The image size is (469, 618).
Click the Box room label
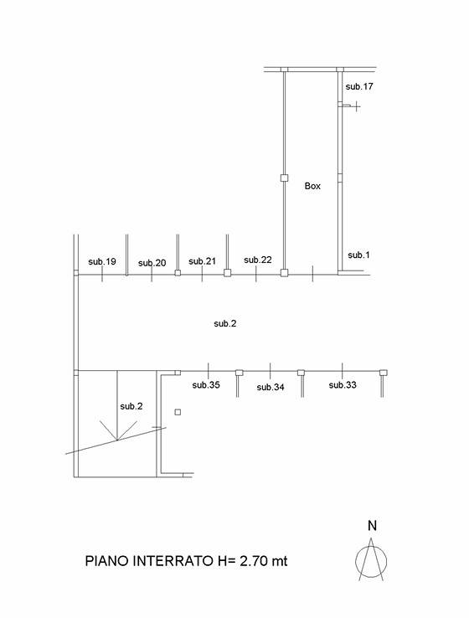[x=312, y=186]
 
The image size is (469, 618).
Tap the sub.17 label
[x=359, y=87]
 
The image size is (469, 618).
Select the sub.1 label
[x=358, y=255]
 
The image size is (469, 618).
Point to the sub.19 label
[x=102, y=261]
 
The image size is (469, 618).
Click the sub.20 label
[x=152, y=263]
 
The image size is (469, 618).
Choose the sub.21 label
[x=202, y=261]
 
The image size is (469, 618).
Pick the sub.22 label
[x=258, y=260]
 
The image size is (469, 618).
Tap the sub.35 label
[x=206, y=385]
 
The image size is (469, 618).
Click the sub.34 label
[x=271, y=388]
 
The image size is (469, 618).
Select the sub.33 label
[x=343, y=385]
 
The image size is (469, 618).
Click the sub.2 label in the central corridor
[x=225, y=323]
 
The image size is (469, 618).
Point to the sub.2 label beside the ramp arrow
[x=131, y=406]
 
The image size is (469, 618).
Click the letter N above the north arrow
[x=372, y=526]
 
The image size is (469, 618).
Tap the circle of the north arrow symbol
[x=355, y=561]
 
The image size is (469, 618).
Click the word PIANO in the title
[x=107, y=561]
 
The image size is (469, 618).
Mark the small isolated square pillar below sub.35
[x=178, y=412]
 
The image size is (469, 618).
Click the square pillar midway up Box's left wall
[x=284, y=178]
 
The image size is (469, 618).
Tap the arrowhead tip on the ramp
[x=117, y=440]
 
